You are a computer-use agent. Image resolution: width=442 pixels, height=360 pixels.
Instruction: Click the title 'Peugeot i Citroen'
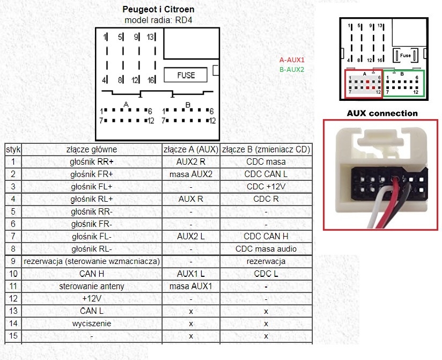pyautogui.click(x=158, y=10)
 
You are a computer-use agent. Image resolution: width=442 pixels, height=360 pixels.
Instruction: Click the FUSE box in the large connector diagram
pyautogui.click(x=186, y=75)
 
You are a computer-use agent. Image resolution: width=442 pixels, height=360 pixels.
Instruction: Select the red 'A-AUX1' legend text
pyautogui.click(x=291, y=60)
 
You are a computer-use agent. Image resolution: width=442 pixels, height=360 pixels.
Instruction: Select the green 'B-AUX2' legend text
pyautogui.click(x=291, y=69)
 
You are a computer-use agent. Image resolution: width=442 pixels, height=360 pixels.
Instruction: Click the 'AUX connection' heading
pyautogui.click(x=382, y=113)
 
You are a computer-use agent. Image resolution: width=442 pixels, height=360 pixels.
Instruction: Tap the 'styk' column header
pyautogui.click(x=12, y=149)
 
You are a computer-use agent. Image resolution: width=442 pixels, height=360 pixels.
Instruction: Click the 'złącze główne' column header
pyautogui.click(x=92, y=149)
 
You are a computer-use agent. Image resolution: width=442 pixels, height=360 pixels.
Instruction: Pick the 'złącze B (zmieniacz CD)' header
pyautogui.click(x=266, y=149)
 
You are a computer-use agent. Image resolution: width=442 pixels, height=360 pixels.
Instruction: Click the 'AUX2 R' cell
pyautogui.click(x=191, y=161)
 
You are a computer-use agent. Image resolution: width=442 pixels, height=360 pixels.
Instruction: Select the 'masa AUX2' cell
pyautogui.click(x=191, y=174)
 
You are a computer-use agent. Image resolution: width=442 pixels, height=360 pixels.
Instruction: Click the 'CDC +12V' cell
pyautogui.click(x=266, y=186)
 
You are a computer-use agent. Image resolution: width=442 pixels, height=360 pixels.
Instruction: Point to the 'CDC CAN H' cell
pyautogui.click(x=266, y=236)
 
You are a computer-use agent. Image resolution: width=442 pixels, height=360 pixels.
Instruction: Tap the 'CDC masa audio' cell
pyautogui.click(x=266, y=248)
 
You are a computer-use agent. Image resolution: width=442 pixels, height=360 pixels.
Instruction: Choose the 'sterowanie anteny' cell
pyautogui.click(x=92, y=286)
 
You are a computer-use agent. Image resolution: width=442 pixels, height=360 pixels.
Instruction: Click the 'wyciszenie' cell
pyautogui.click(x=92, y=324)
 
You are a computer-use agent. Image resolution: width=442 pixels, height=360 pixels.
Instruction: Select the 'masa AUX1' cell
pyautogui.click(x=191, y=286)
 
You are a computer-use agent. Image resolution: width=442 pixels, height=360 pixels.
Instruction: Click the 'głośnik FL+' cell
pyautogui.click(x=92, y=186)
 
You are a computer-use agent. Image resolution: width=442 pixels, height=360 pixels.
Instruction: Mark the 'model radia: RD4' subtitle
pyautogui.click(x=158, y=20)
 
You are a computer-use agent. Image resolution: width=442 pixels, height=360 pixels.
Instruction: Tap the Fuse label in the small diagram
pyautogui.click(x=406, y=55)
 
